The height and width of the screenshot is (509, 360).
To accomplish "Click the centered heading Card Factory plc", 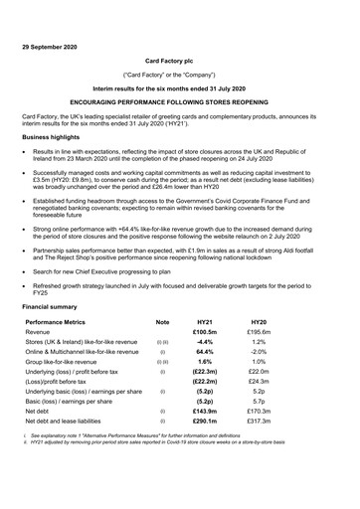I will point(179,60).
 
